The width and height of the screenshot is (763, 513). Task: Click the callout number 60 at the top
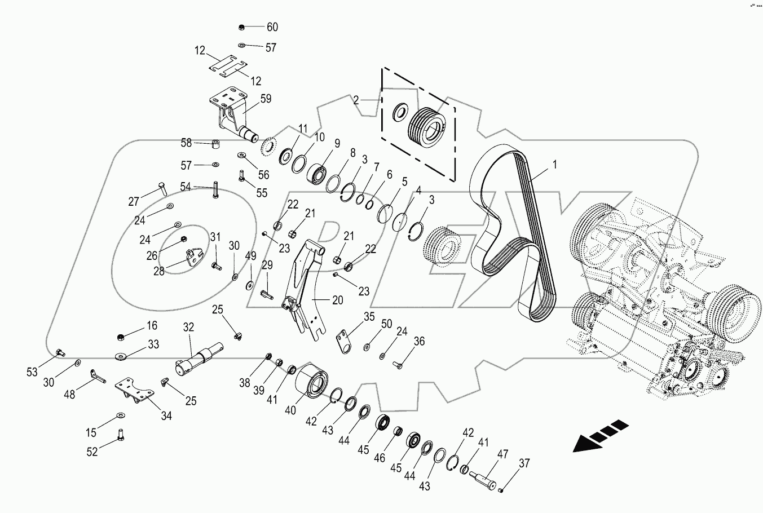pyautogui.click(x=272, y=27)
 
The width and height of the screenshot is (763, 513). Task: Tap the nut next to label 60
pyautogui.click(x=241, y=27)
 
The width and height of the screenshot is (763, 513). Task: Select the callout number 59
pyautogui.click(x=265, y=99)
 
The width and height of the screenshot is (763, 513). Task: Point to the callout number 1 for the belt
pyautogui.click(x=554, y=165)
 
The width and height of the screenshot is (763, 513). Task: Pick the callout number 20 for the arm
pyautogui.click(x=337, y=300)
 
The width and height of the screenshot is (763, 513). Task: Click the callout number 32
pyautogui.click(x=188, y=326)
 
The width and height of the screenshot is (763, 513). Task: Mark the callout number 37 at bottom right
pyautogui.click(x=524, y=463)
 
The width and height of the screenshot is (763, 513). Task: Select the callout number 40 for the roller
pyautogui.click(x=290, y=410)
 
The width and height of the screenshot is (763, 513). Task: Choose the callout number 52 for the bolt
pyautogui.click(x=91, y=451)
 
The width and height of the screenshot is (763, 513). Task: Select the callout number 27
pyautogui.click(x=134, y=202)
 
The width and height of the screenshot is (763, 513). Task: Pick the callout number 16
pyautogui.click(x=152, y=325)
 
